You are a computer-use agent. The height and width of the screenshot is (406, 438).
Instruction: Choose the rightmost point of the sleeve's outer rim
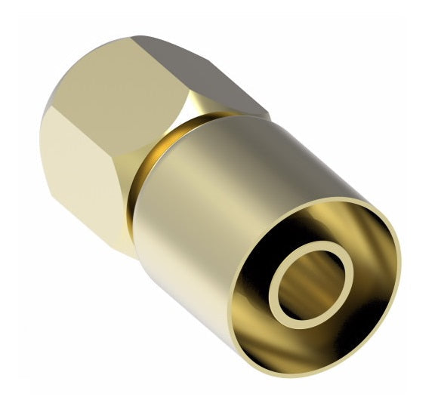tap(401, 257)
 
